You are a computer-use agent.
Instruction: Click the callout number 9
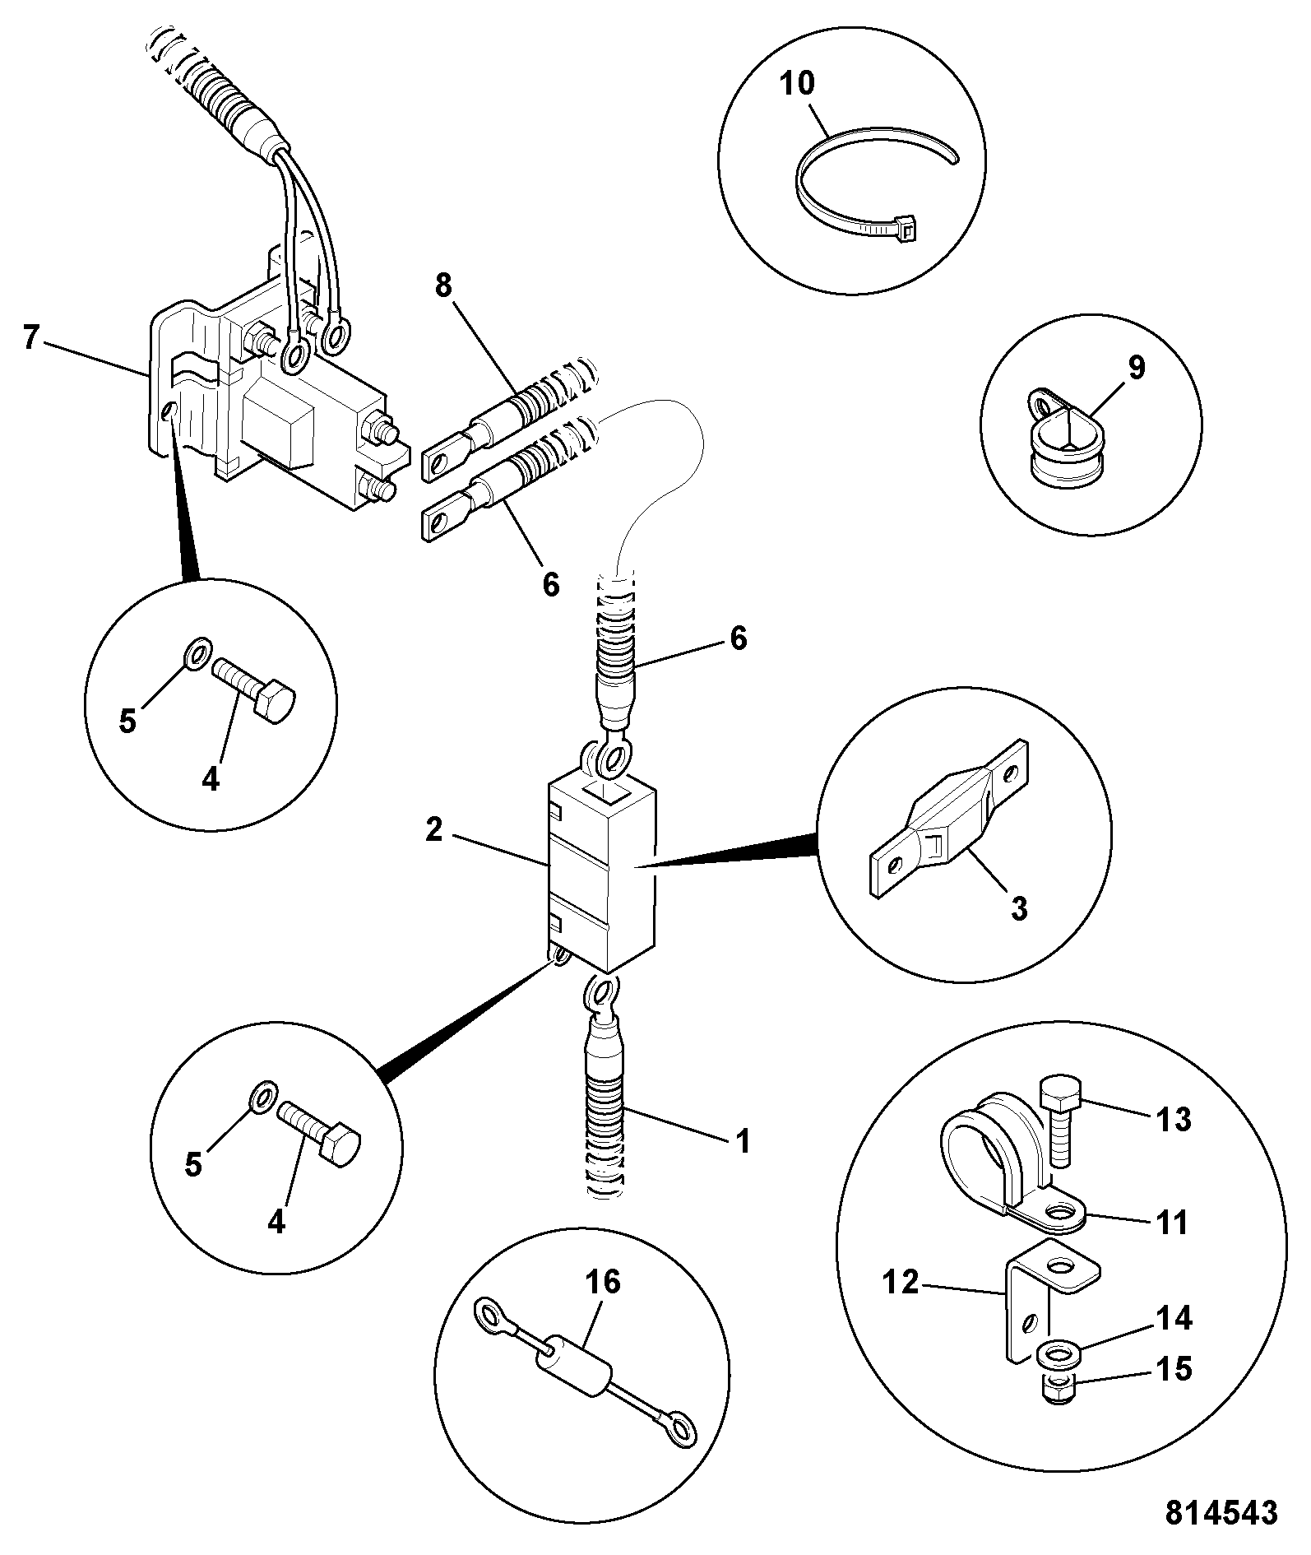tap(1136, 368)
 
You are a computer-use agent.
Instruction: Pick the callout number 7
tap(31, 337)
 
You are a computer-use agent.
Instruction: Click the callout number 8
tap(444, 285)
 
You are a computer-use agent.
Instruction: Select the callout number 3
tap(1019, 909)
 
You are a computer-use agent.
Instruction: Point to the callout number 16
tap(603, 1282)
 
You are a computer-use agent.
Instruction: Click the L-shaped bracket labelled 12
tap(1020, 1308)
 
